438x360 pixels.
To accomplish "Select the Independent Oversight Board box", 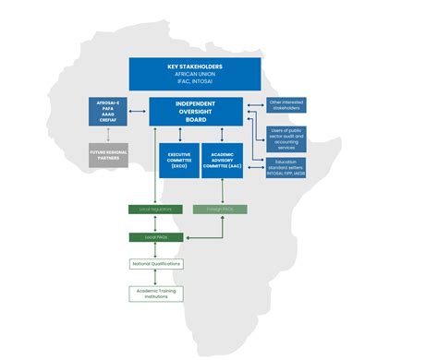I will [195, 111].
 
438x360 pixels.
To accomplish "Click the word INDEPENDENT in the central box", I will [195, 103].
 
